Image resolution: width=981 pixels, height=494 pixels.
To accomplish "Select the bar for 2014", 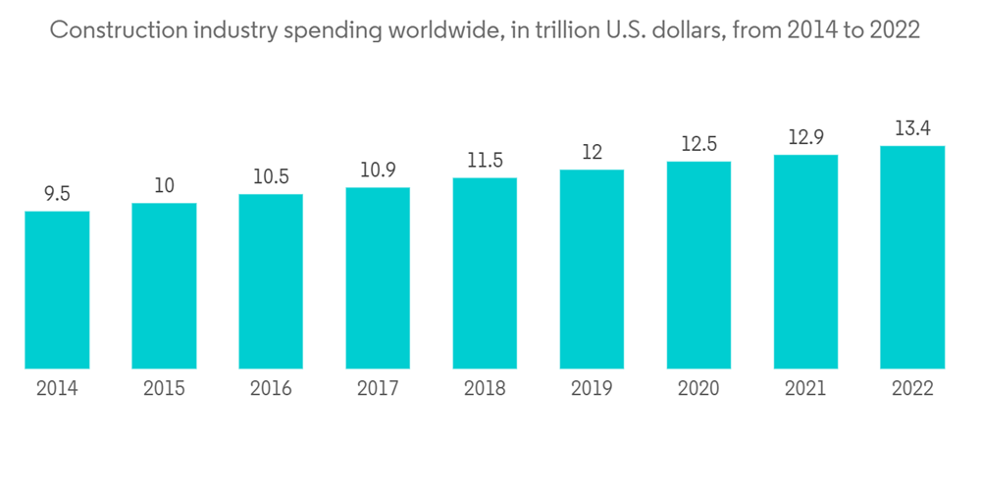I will (57, 290).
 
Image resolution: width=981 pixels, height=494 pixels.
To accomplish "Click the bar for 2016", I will (271, 281).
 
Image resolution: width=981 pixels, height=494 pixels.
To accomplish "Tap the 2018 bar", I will (485, 273).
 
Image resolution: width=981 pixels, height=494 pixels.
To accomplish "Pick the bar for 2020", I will (698, 265).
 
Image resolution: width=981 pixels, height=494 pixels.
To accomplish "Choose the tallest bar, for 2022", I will (912, 257).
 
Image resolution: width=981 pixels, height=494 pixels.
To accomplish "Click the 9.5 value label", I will (57, 194).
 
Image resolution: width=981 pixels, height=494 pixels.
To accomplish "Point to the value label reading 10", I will (164, 186).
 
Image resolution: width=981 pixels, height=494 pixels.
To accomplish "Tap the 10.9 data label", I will (378, 170).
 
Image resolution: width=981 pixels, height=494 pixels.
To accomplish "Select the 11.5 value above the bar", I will (485, 161).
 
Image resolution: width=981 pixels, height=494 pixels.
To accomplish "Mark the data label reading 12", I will (592, 153).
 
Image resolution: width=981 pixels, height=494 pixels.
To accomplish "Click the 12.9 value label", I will (805, 137).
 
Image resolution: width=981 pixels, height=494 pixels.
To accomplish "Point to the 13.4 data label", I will (912, 129).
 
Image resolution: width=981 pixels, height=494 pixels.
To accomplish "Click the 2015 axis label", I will (164, 388).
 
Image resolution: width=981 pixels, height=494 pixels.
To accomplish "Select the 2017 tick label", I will (378, 388).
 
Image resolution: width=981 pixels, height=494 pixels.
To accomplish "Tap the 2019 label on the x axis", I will (592, 388).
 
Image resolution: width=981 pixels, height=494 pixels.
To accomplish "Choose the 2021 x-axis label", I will (805, 388).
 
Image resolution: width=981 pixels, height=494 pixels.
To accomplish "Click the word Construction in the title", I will (110, 30).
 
